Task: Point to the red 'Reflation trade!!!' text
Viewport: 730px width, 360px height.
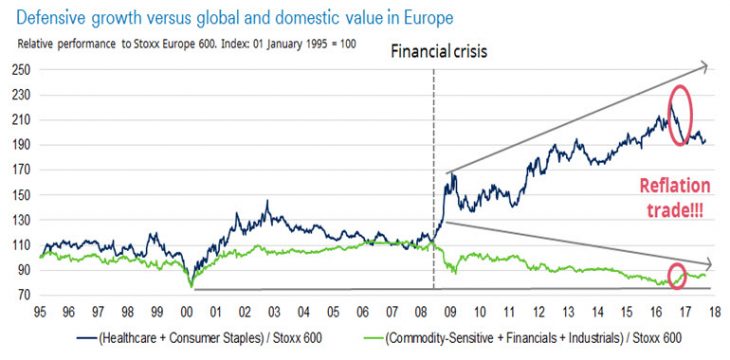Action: tap(676, 197)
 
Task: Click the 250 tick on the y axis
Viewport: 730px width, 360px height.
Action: tap(18, 70)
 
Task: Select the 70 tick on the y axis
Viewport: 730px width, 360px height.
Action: tap(21, 295)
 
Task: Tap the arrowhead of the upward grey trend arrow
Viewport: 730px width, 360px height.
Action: tap(703, 67)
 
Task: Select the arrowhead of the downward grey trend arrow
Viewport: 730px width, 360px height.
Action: tap(703, 263)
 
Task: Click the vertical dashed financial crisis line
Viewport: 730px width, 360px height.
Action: tap(433, 180)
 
